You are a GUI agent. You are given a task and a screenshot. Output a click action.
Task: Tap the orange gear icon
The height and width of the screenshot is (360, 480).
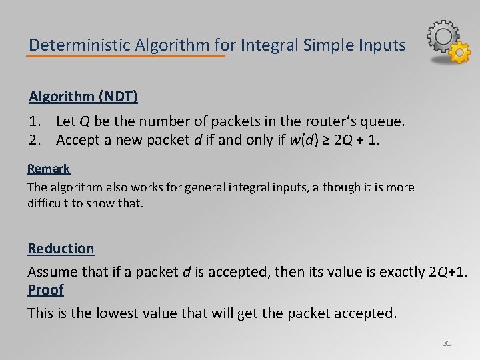[x=459, y=52]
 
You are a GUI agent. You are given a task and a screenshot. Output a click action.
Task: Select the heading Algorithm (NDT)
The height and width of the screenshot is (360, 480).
[x=83, y=97]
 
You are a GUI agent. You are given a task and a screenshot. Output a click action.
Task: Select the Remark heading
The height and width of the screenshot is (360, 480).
[x=49, y=169]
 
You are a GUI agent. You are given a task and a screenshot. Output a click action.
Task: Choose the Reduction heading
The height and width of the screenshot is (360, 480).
[x=61, y=249]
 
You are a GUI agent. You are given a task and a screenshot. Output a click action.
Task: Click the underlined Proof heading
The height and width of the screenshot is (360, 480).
[x=45, y=290]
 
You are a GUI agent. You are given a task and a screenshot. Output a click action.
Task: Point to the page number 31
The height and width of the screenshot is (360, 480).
[x=447, y=343]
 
